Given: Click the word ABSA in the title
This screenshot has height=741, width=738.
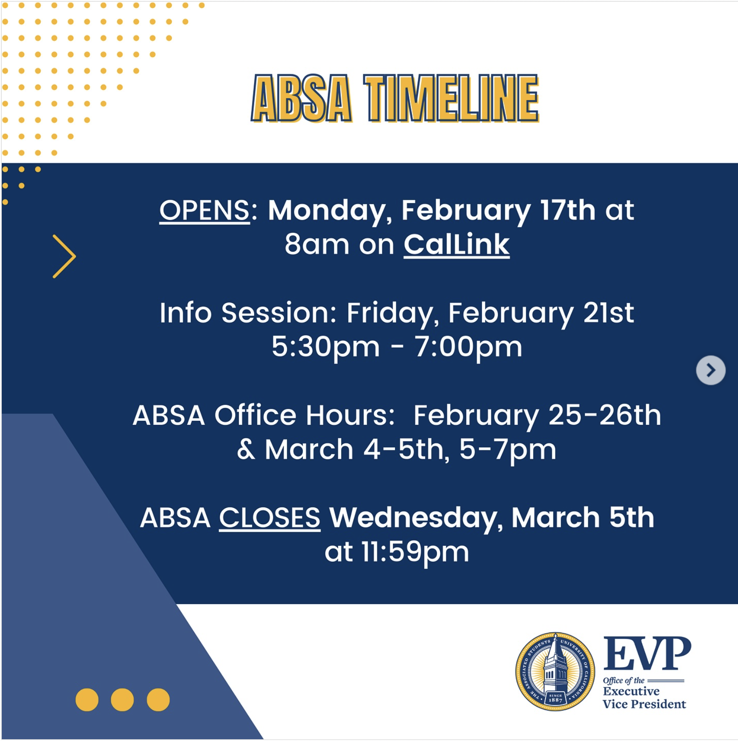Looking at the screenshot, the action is point(301,98).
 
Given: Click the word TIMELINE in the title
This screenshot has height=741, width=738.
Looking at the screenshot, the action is point(451,98).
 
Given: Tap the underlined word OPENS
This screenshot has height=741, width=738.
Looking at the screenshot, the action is point(204,210).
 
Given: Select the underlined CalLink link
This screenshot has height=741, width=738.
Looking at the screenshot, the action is point(456,244).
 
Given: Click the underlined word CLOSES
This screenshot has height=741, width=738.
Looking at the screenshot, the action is point(270,518).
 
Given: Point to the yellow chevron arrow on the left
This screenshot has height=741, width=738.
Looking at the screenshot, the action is point(64,256).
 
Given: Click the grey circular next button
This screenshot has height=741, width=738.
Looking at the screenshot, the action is point(711,370).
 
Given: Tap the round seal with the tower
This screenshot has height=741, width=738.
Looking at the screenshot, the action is point(555,671).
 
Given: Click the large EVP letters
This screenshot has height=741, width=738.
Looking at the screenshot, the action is point(647,654).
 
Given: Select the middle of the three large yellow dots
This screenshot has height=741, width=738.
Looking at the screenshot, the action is point(122,700).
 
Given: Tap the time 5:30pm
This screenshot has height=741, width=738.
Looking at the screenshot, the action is point(325,348).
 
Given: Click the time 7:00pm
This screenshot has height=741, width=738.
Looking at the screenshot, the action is point(468,348).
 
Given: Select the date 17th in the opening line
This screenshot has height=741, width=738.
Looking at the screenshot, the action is point(568,210).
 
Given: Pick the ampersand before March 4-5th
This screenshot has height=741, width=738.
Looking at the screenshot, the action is point(246,450).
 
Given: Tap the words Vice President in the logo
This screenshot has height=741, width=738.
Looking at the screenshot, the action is point(644,704).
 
